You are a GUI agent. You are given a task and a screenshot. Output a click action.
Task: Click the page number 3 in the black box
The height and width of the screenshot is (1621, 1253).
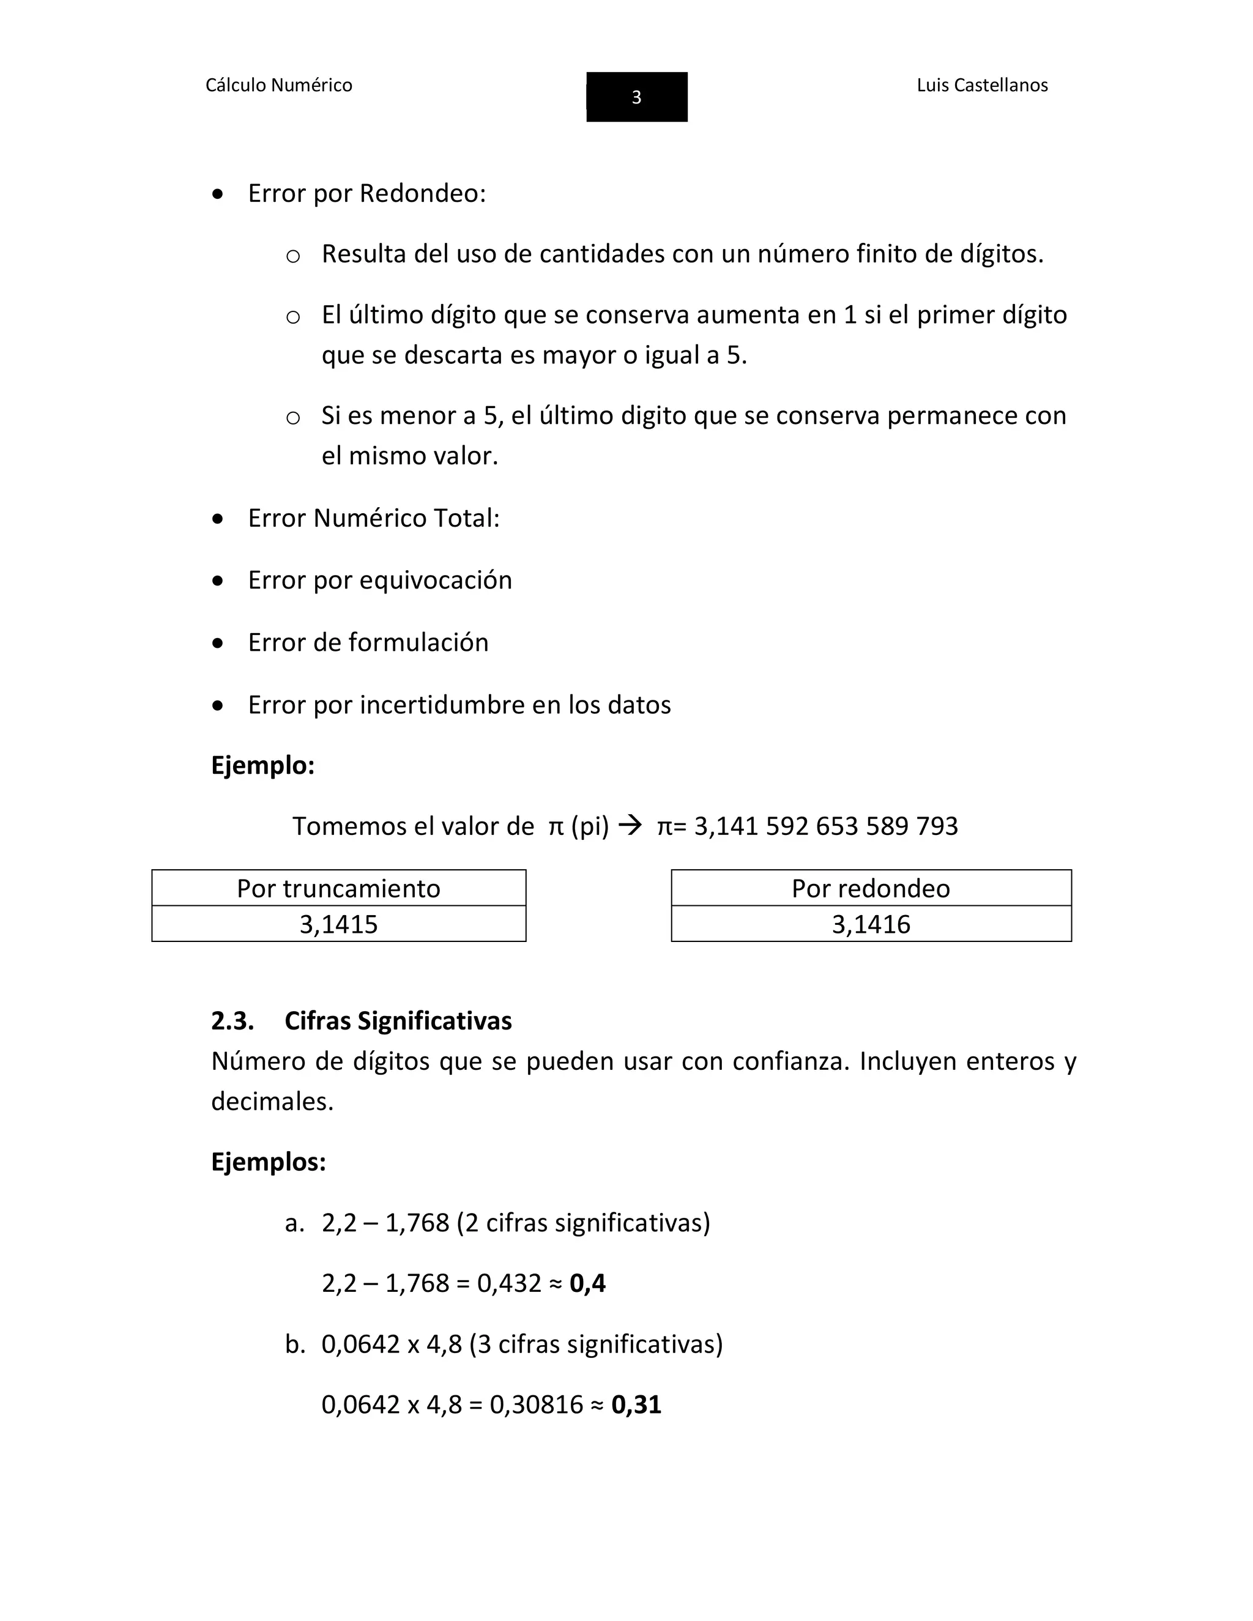click(636, 97)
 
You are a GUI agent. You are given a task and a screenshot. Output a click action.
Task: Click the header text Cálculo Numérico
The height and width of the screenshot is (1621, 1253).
click(278, 86)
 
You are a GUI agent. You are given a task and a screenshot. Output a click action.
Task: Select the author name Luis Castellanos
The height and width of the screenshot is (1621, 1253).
click(981, 86)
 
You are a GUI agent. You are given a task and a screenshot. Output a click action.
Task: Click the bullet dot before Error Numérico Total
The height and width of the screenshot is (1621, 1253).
click(217, 519)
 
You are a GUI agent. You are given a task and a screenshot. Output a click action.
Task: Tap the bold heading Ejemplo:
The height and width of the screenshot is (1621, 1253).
click(262, 765)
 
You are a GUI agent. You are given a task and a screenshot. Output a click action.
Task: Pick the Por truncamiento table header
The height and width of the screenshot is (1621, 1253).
click(338, 888)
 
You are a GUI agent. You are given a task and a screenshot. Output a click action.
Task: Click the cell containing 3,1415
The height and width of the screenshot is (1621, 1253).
click(338, 925)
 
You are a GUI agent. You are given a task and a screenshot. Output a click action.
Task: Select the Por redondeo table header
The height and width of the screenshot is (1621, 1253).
click(870, 888)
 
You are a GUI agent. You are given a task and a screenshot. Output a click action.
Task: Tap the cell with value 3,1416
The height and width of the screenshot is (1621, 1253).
click(870, 925)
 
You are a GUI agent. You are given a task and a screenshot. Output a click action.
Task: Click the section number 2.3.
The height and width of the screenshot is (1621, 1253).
click(232, 1022)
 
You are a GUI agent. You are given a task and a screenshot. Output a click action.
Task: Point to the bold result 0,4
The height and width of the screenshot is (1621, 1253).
click(587, 1283)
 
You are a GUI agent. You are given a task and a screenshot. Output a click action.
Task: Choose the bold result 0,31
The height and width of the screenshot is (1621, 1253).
click(636, 1405)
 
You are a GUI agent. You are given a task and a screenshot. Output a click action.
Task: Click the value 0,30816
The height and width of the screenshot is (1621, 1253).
click(536, 1405)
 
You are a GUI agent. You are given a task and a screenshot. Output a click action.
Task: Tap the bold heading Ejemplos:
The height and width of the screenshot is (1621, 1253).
click(268, 1162)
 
